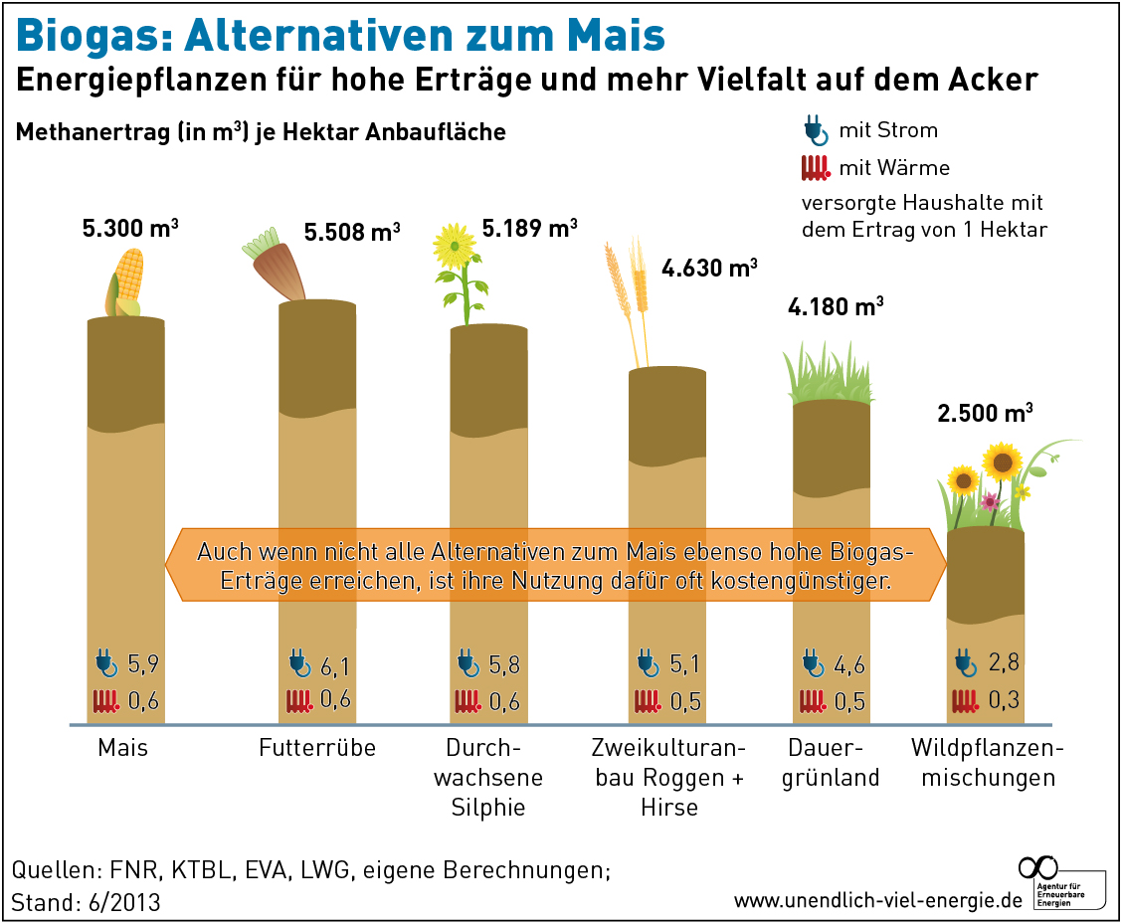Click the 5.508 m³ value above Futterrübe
(352, 233)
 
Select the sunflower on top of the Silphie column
(457, 244)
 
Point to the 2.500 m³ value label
(985, 412)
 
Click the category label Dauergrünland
(831, 762)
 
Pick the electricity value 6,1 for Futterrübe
(334, 663)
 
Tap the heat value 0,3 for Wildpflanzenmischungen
(1004, 700)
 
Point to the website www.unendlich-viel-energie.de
(878, 900)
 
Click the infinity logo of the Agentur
(1038, 866)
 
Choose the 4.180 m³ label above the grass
(835, 306)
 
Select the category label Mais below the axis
(122, 747)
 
